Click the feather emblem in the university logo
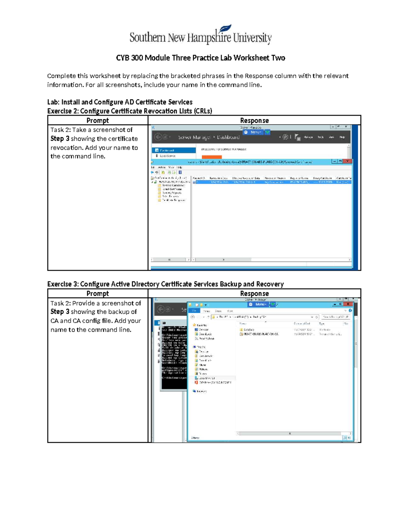point(225,29)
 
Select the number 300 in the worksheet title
point(137,58)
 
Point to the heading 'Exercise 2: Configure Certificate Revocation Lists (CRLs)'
point(130,111)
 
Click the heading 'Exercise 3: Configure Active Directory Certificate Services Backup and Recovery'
point(165,284)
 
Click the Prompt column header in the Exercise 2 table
point(97,121)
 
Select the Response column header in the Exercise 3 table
point(254,294)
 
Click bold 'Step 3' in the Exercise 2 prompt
point(60,139)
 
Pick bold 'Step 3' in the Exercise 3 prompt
point(60,312)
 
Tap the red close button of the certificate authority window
point(348,161)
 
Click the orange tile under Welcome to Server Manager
point(211,157)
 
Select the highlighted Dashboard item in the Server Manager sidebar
point(174,150)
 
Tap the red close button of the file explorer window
point(348,304)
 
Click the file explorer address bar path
point(261,317)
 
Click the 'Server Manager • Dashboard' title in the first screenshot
point(208,137)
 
